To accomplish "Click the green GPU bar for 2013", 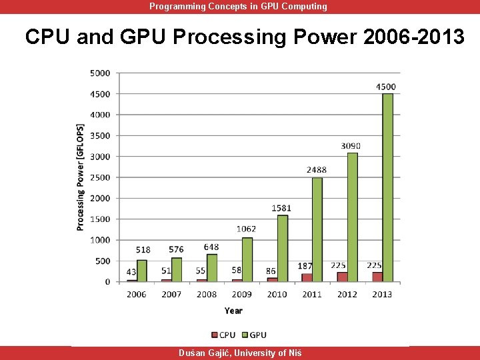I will tap(387, 187).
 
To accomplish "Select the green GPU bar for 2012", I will tap(352, 217).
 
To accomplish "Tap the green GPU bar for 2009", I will tap(247, 259).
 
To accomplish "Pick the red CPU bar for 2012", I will tap(342, 277).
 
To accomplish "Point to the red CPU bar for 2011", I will tap(307, 277).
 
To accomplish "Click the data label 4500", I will tap(385, 87).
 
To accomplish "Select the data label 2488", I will tap(317, 170).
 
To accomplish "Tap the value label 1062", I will tap(246, 229).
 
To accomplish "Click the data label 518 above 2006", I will tap(143, 250).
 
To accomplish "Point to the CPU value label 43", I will tap(131, 272).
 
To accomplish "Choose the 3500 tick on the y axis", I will tap(101, 135).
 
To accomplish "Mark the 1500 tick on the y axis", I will tap(101, 219).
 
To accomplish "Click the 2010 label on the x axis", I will tap(277, 294).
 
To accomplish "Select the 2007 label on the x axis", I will tap(172, 294).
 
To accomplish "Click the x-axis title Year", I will tap(233, 311).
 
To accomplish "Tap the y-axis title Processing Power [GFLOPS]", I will tap(81, 177).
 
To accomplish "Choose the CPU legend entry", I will tap(223, 335).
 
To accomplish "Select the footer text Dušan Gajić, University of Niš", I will tap(240, 353).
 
